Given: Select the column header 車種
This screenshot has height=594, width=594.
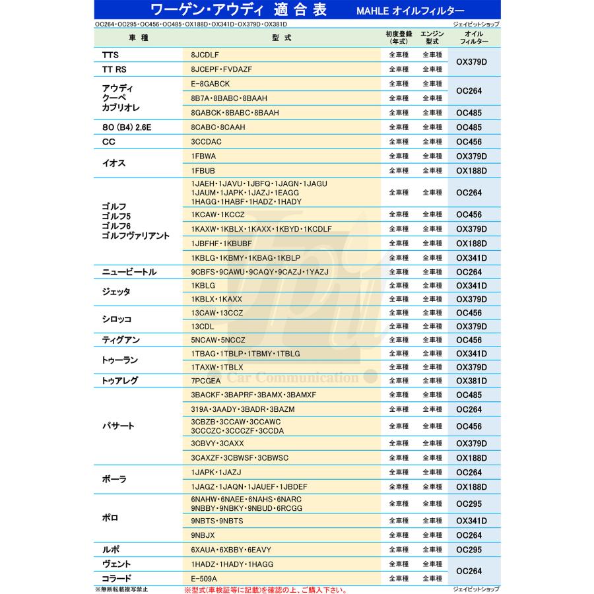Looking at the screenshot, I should coord(139,37).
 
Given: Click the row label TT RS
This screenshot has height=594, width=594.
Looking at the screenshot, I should coord(114,69).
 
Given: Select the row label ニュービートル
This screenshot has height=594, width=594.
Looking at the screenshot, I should coord(129,272).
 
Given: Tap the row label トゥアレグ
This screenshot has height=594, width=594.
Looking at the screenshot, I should coord(119,381).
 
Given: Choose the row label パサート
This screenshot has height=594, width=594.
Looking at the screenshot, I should coord(118,426).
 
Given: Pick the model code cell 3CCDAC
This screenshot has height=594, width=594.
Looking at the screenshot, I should coord(206,142).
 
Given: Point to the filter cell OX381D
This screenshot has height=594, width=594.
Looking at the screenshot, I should coord(471,381).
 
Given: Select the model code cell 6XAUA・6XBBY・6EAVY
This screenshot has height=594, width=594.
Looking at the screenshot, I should coord(230,550).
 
